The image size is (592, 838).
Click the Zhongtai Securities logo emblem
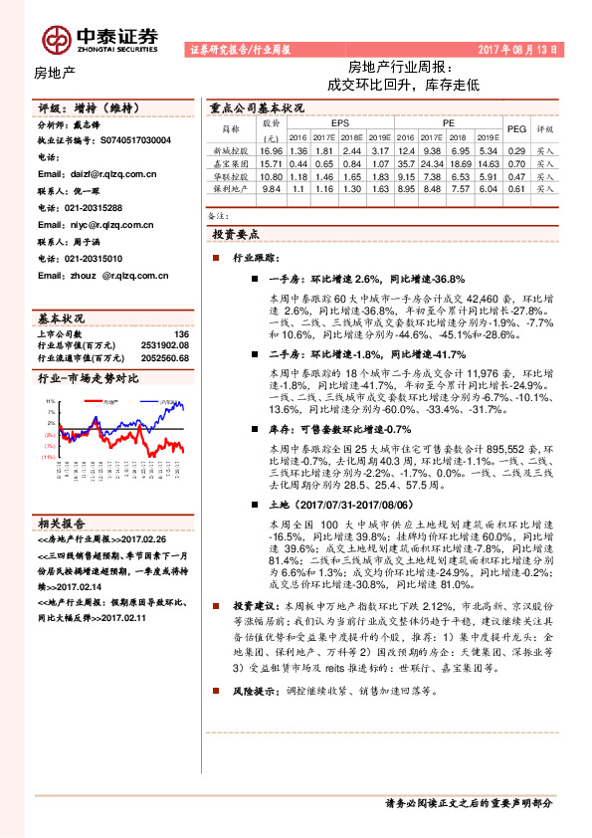coord(56,38)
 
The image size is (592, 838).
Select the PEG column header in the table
coord(515,128)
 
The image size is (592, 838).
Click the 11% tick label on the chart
coord(49,401)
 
